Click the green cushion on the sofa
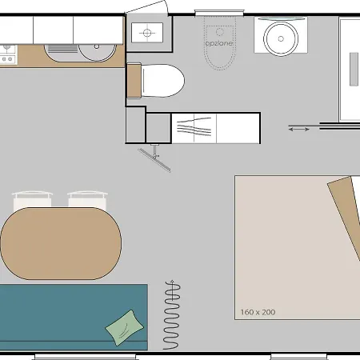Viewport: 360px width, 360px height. click(125, 328)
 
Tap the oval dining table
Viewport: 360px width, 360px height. click(61, 243)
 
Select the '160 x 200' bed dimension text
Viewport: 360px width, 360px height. click(258, 312)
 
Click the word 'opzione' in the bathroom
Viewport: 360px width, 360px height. click(219, 43)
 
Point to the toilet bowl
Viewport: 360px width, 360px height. click(162, 81)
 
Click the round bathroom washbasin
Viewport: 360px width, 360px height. click(281, 38)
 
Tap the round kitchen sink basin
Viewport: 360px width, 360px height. click(98, 50)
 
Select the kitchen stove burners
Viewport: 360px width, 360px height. click(8, 54)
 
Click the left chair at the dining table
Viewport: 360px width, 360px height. click(32, 200)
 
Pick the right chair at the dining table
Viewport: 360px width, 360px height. click(87, 200)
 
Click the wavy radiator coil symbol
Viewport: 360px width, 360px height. click(172, 314)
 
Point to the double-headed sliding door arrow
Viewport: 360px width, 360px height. click(299, 130)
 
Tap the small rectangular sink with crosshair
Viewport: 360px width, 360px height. click(147, 33)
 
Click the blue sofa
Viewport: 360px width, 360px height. click(74, 317)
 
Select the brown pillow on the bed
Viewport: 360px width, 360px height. click(346, 214)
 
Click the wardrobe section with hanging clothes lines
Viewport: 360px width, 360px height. click(194, 128)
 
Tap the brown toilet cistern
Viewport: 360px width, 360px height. click(134, 81)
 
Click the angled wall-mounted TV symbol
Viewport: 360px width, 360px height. click(154, 160)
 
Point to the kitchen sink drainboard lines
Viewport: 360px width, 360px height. click(63, 49)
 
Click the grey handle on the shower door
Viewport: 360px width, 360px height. click(354, 70)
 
